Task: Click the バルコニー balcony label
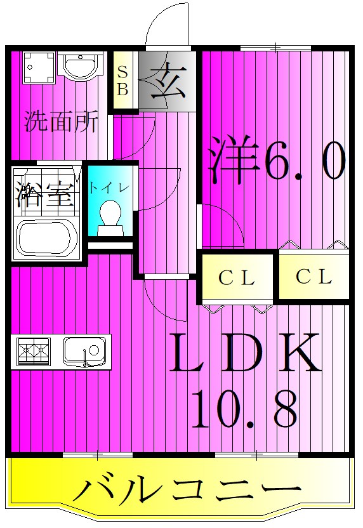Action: (x=186, y=491)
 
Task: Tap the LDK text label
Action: (x=246, y=353)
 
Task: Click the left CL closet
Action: (x=237, y=277)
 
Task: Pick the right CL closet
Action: (x=314, y=277)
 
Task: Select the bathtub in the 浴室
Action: (x=46, y=237)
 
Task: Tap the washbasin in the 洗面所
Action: (x=79, y=65)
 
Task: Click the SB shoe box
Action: (x=123, y=81)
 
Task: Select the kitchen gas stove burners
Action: (x=34, y=350)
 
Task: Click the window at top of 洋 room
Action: (x=275, y=48)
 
